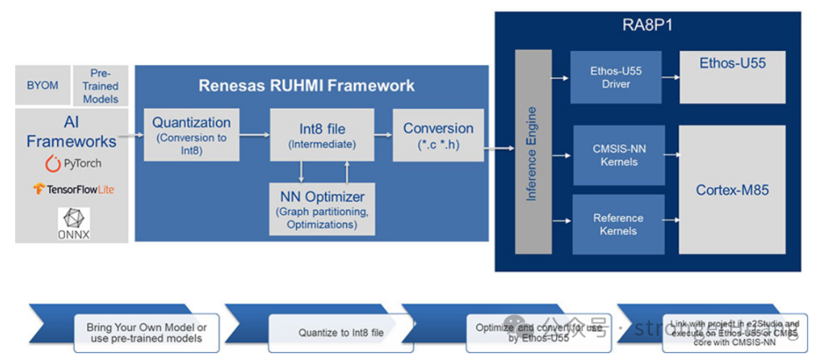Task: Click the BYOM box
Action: pos(42,85)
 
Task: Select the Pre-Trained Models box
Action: pos(100,85)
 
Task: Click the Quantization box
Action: pos(191,134)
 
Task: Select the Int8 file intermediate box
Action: pos(312,134)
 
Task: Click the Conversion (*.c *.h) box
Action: pos(438,135)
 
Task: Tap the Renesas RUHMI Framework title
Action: pos(307,85)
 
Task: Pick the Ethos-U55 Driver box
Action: pos(616,77)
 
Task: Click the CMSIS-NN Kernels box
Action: pos(618,155)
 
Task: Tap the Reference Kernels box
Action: pos(618,223)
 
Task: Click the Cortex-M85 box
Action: pos(732,190)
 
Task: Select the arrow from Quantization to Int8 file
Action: pos(254,135)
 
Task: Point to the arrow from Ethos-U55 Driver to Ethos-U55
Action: pos(670,77)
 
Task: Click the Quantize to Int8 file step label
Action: pos(340,333)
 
